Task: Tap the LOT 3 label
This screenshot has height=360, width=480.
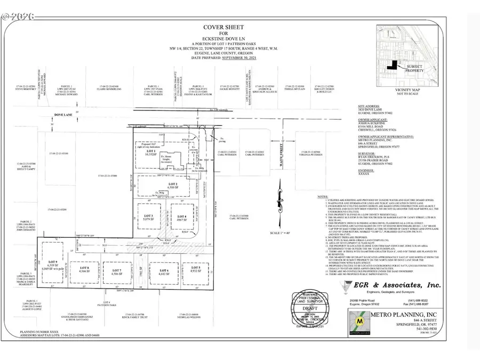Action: point(149,217)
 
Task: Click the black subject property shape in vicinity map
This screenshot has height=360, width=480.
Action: point(394,65)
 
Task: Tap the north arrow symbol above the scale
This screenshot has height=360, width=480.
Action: point(277,198)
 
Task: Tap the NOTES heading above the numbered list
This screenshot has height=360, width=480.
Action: point(323,196)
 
